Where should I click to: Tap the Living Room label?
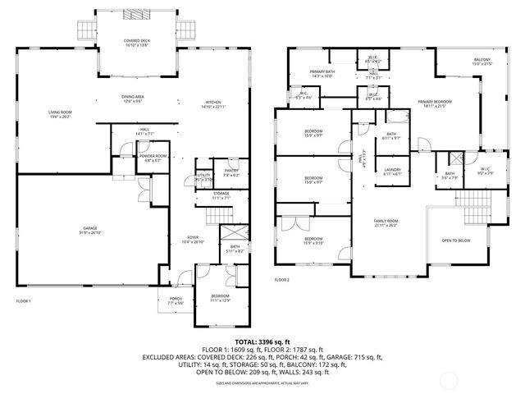60,113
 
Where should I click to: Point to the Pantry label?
231,171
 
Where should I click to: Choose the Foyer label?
192,239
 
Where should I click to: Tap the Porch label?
176,300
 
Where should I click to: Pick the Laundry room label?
392,170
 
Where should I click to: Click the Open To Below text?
456,241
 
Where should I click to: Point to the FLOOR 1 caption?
24,302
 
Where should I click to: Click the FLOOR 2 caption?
282,280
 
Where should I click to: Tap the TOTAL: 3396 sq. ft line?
262,341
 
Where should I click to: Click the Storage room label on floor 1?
222,195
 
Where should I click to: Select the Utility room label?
204,176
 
